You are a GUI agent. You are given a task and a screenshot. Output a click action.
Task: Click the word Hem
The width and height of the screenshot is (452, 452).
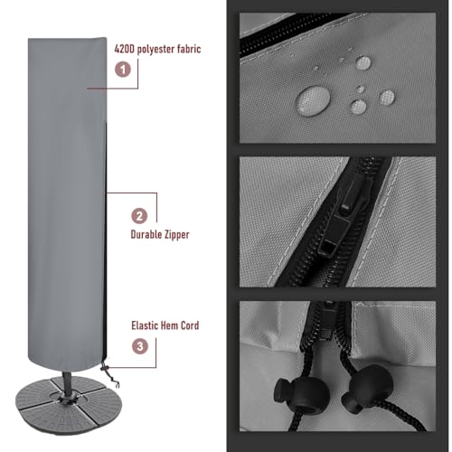pyautogui.click(x=174, y=325)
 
